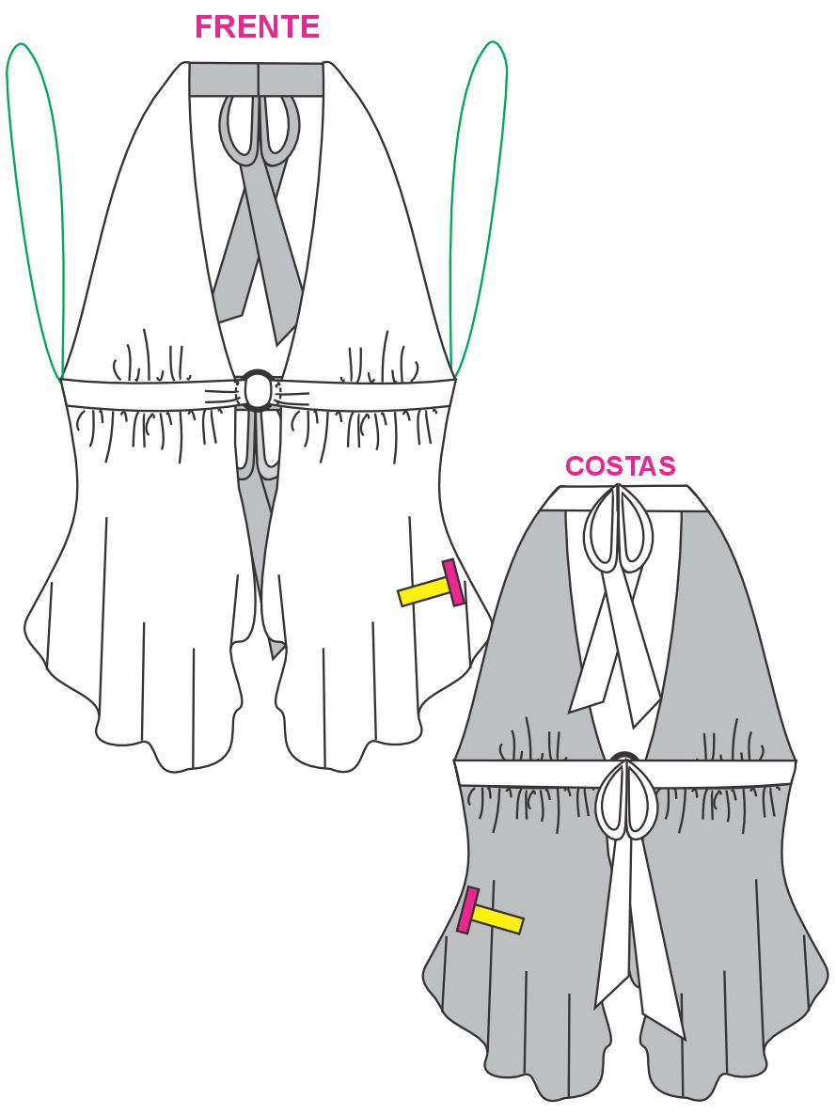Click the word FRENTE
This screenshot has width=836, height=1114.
pos(257,27)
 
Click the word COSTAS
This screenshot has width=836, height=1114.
pos(620,466)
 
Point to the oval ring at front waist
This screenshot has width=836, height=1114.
pos(258,389)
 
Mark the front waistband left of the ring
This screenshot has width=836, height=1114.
pos(141,394)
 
